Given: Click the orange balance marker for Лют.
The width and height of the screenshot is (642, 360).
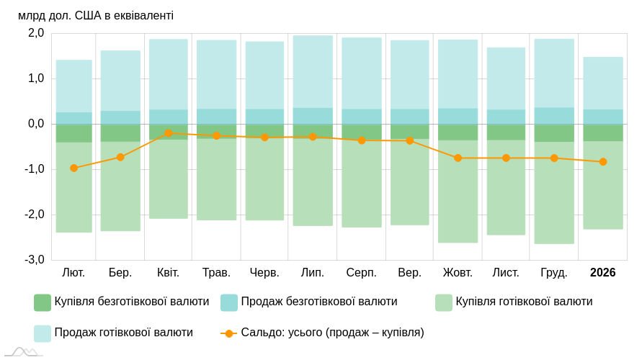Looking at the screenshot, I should tap(73, 168).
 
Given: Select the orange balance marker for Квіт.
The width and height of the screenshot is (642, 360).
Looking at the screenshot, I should tap(169, 133).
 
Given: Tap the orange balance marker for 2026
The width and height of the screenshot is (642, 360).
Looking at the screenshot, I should tap(603, 162).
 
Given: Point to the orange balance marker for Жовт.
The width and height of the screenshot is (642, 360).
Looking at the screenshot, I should tap(458, 158).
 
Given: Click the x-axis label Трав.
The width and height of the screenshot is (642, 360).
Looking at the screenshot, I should tap(216, 273).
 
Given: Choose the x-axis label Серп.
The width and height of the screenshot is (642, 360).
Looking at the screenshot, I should tap(361, 273).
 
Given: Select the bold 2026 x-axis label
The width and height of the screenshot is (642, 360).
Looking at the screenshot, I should tap(602, 273).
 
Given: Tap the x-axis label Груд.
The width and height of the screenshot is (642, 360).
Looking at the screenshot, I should tap(554, 273).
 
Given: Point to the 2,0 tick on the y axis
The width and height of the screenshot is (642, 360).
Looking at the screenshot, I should tap(36, 33).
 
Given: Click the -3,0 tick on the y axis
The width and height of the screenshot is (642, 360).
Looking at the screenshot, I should tap(35, 260).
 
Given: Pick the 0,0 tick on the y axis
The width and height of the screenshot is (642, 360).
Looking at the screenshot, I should tap(36, 124).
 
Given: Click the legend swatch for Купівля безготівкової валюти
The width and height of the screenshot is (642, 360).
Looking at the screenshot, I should tap(43, 302).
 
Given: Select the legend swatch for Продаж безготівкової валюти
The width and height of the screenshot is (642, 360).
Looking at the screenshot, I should tap(229, 302).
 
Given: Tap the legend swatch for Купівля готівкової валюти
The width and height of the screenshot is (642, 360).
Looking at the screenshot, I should tap(444, 302).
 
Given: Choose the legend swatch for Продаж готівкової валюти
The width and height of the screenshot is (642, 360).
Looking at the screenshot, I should tap(43, 333).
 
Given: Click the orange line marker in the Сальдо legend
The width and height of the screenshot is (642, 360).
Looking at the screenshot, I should tap(229, 333).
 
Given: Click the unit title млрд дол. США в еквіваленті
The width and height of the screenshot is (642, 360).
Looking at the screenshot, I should tap(96, 16).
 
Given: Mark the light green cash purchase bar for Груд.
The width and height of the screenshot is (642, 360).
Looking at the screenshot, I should tap(554, 193).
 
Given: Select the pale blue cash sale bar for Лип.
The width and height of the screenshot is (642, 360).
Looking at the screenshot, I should tap(313, 72).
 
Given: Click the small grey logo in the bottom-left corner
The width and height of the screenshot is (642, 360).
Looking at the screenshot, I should tap(22, 352).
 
